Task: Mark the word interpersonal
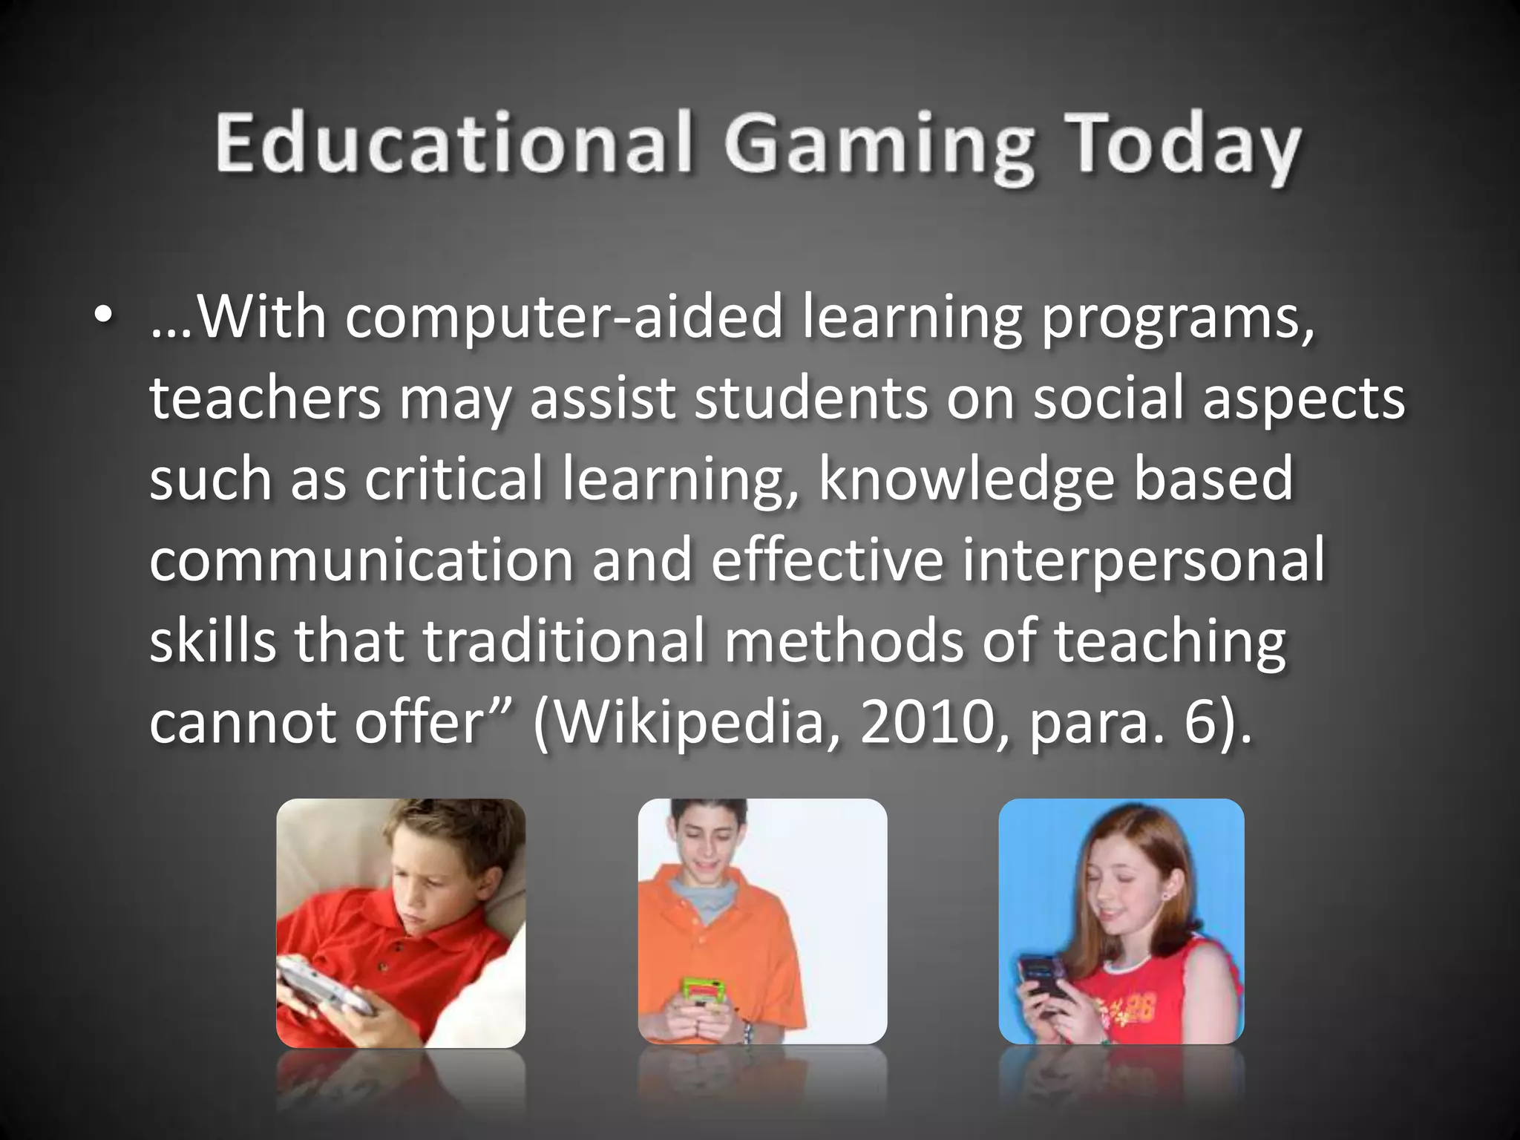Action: pos(1143,560)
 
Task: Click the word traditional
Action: pos(563,641)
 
